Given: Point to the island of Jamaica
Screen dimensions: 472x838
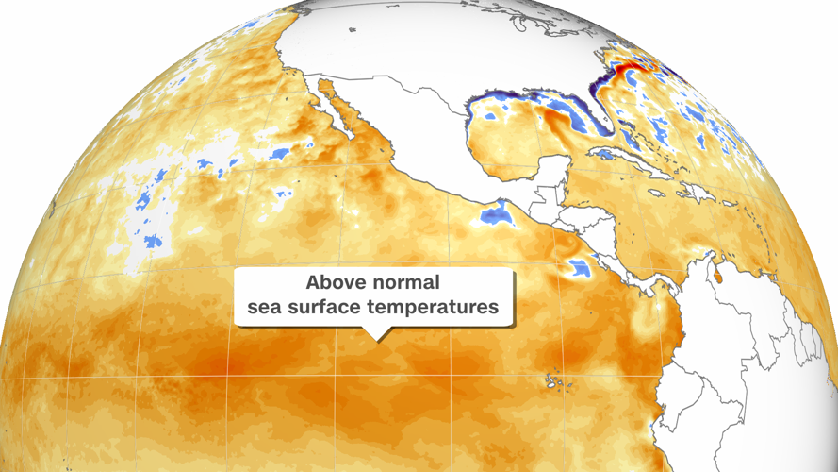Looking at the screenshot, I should (x=652, y=201).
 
